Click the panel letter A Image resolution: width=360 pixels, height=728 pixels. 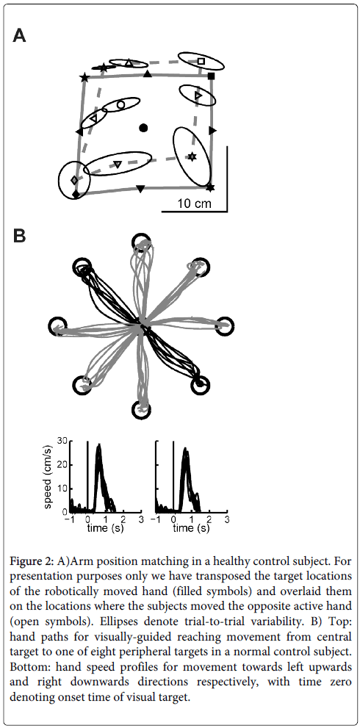click(19, 36)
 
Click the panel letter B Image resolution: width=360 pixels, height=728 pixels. click(19, 237)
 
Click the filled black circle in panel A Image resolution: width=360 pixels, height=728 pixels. click(143, 128)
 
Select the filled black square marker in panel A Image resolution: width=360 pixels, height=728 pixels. click(211, 76)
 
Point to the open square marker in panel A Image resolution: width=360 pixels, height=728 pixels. click(201, 61)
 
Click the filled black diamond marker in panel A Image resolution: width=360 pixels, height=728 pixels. click(76, 194)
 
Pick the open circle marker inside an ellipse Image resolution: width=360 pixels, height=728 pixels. click(120, 105)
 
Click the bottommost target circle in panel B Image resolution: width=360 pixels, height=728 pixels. click(140, 409)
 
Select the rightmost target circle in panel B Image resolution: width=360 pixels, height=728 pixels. click(224, 325)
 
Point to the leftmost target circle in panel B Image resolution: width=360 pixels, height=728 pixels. click(57, 326)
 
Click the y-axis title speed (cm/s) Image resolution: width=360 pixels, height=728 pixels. click(48, 477)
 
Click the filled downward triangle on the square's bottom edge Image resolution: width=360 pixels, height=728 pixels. click(140, 189)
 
